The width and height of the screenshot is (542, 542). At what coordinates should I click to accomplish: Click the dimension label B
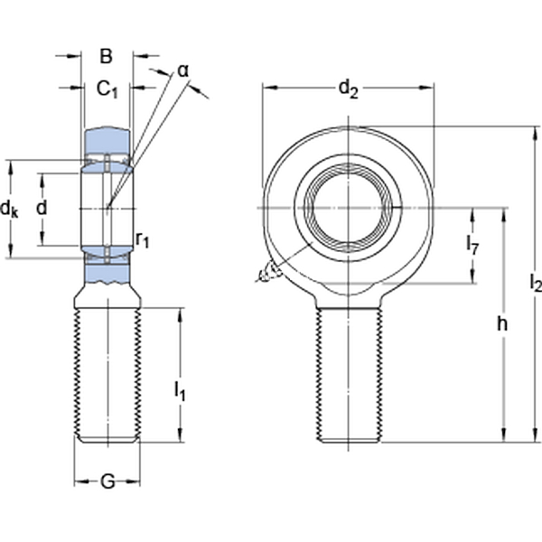106,56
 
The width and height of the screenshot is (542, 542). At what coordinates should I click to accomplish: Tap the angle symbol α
182,70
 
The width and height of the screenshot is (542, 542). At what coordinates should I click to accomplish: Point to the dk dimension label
10,209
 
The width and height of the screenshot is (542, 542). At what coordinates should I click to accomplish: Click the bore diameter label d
41,208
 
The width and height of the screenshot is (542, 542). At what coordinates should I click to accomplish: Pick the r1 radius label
143,238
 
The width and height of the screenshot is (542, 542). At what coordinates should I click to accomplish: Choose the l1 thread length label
180,390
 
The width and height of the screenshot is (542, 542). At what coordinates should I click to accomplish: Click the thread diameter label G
107,482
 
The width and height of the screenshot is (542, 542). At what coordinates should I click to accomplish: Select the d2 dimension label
348,88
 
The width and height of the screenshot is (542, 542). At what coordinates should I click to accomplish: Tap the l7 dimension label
472,243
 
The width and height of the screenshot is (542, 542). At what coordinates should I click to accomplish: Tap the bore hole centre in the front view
348,209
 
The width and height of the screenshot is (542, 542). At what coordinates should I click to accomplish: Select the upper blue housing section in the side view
107,141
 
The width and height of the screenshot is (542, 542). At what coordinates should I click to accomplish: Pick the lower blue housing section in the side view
107,273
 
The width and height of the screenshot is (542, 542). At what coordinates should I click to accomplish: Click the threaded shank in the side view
107,375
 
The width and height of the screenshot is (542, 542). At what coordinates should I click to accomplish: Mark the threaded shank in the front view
348,375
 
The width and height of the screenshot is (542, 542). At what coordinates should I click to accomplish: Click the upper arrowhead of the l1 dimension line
180,313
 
